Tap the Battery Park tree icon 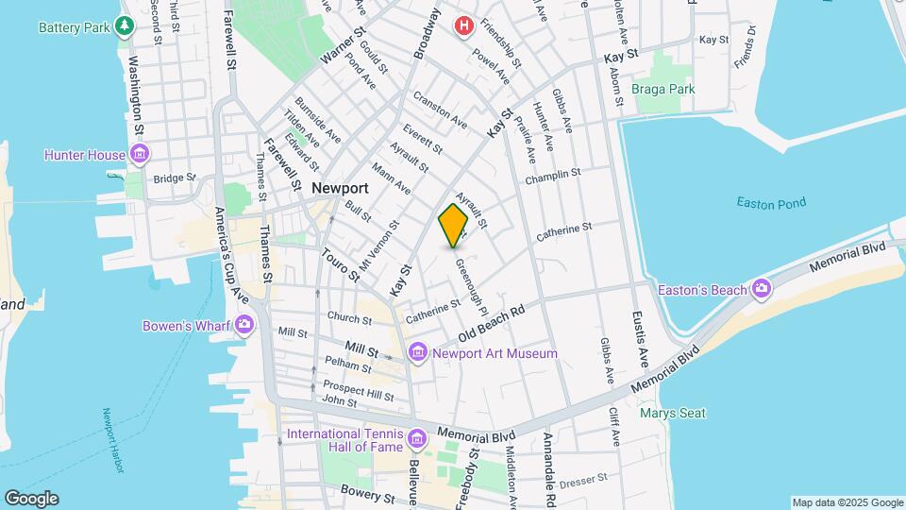click(x=124, y=26)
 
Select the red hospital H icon click(x=462, y=25)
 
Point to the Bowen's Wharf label click(x=186, y=327)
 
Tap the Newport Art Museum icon click(x=418, y=353)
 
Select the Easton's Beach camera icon click(x=762, y=289)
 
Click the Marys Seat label click(x=672, y=413)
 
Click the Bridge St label click(x=174, y=178)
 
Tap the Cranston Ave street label click(x=440, y=110)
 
